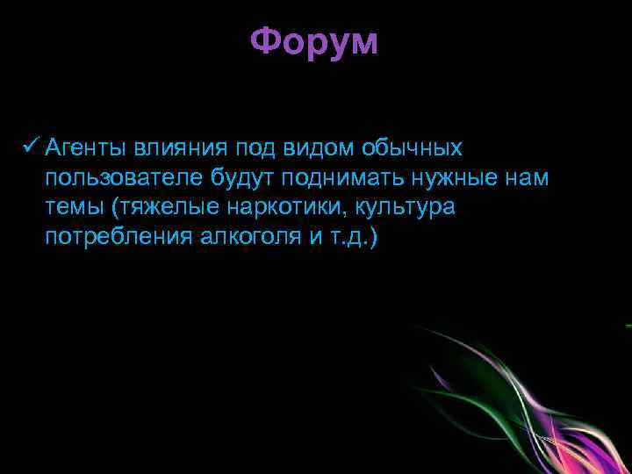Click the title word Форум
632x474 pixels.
tap(314, 42)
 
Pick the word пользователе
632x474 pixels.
tap(127, 177)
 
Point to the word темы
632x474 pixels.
tap(74, 207)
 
